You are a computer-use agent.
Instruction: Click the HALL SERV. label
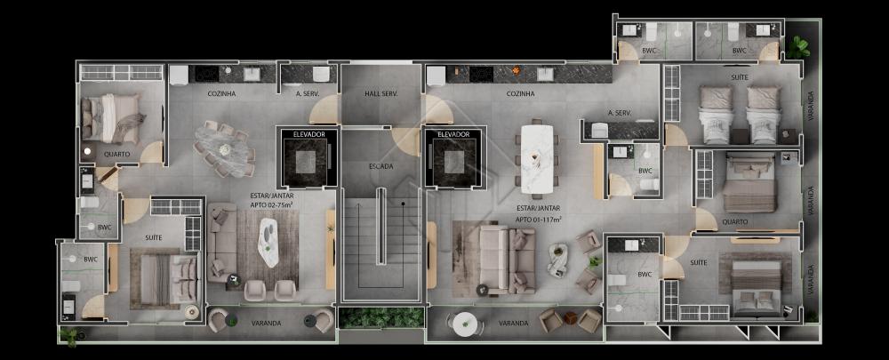click(x=380, y=93)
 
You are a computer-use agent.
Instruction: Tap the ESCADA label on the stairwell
click(x=380, y=166)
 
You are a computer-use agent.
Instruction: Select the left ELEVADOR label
click(x=309, y=134)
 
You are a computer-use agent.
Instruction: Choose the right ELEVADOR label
click(x=453, y=134)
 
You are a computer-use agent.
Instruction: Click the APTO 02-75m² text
click(x=271, y=204)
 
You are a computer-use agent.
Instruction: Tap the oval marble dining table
click(x=225, y=149)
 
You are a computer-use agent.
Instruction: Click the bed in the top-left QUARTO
click(x=111, y=118)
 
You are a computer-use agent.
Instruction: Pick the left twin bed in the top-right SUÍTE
click(x=716, y=114)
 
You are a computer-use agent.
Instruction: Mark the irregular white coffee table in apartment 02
click(x=268, y=243)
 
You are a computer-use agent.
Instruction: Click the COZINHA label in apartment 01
click(x=520, y=93)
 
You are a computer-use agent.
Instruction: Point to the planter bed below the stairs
click(x=381, y=317)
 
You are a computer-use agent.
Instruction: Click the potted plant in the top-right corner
click(x=797, y=46)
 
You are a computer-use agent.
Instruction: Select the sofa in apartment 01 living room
click(x=508, y=259)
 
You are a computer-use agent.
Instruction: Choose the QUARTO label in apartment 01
click(x=735, y=221)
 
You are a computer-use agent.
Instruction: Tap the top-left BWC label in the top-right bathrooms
click(x=649, y=51)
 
